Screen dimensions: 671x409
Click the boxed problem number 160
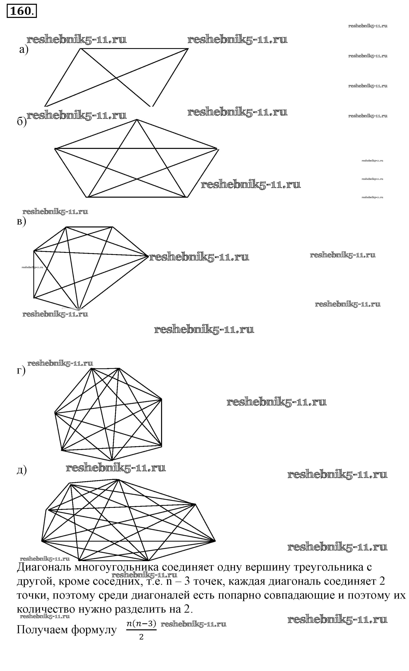point(21,11)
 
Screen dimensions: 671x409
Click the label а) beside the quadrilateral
point(24,50)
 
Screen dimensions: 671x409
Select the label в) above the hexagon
point(21,221)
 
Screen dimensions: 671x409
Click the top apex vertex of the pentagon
point(137,120)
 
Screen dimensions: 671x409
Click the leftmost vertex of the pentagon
point(55,148)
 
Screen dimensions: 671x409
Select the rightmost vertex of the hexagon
point(148,256)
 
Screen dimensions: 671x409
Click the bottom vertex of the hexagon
point(78,309)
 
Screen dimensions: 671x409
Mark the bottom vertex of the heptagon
point(112,460)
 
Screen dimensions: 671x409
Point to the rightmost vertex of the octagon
point(215,541)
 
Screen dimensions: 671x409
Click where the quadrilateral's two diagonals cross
point(116,78)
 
